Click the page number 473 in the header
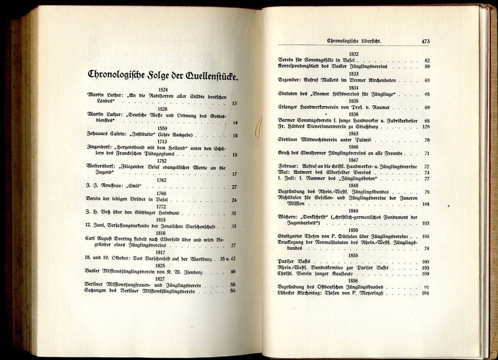[426, 42]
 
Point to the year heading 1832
[354, 53]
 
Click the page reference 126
[426, 127]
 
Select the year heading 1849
[354, 211]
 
